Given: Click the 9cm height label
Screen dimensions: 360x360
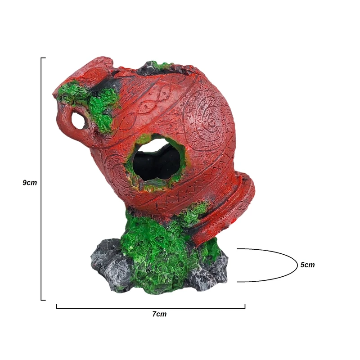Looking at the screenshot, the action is coord(30,183).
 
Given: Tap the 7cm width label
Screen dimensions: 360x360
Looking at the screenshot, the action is coord(159,314).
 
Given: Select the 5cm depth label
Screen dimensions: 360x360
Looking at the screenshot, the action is coord(307,265).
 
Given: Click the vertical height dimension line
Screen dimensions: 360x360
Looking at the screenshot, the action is coord(41,179).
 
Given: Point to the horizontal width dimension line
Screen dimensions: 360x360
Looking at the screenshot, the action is coord(151,308).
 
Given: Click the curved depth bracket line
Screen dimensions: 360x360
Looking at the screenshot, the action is coord(297,265).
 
